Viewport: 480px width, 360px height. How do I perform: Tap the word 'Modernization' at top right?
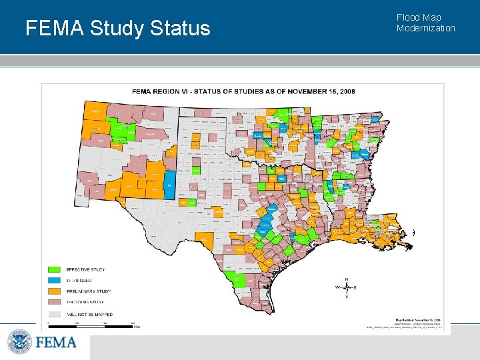click(x=425, y=28)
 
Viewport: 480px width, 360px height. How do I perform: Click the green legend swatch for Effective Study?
click(x=55, y=269)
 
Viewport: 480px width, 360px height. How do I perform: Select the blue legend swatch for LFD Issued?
click(x=55, y=281)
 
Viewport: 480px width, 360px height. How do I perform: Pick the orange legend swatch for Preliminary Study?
click(x=55, y=291)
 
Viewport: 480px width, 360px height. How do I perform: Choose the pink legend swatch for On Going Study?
click(x=55, y=303)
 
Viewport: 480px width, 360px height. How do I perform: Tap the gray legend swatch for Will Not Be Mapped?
click(x=55, y=314)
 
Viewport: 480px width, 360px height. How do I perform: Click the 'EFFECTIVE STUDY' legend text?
click(x=85, y=269)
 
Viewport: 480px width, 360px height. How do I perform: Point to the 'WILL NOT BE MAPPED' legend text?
click(x=89, y=314)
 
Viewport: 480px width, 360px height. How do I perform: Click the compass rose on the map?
click(x=346, y=287)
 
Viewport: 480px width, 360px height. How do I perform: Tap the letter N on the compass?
click(x=346, y=279)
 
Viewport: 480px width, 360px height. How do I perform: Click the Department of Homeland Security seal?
click(x=19, y=343)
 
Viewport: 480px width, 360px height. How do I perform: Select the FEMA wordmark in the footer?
click(x=56, y=343)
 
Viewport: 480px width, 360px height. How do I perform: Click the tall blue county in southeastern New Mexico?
click(x=169, y=185)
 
